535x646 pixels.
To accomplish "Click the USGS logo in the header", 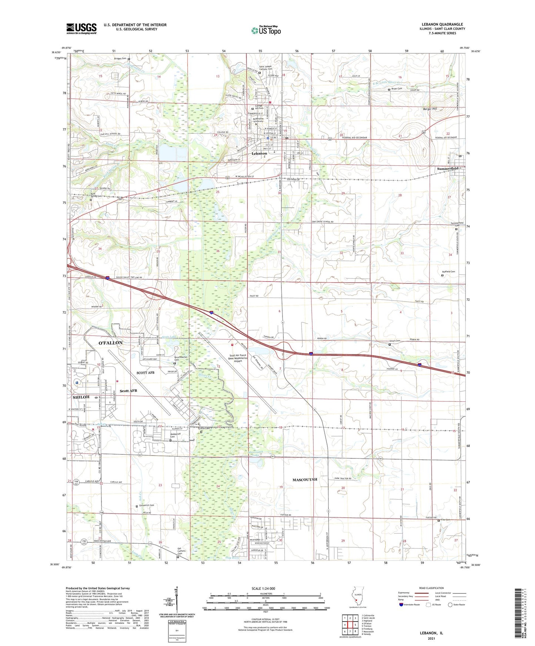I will pyautogui.click(x=81, y=28).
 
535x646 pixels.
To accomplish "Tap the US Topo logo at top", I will pyautogui.click(x=265, y=30).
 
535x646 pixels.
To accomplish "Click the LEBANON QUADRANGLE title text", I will pyautogui.click(x=442, y=24).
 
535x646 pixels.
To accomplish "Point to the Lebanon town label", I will pyautogui.click(x=259, y=154).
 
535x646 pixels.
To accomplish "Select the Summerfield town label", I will pyautogui.click(x=448, y=169).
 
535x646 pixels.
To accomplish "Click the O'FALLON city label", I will pyautogui.click(x=110, y=343).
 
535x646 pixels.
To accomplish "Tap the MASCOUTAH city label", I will pyautogui.click(x=305, y=480).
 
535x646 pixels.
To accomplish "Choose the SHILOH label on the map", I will pyautogui.click(x=81, y=397).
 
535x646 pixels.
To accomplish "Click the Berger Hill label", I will pyautogui.click(x=430, y=109).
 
